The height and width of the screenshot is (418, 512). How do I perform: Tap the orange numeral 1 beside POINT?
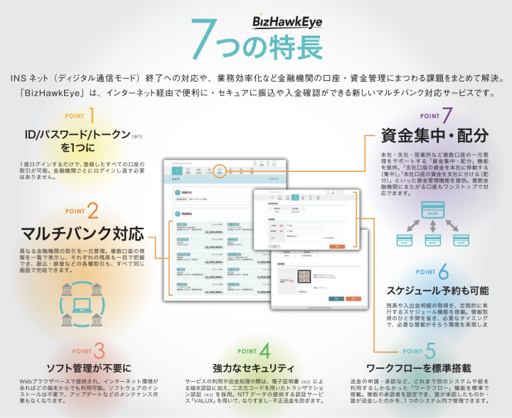click(x=92, y=115)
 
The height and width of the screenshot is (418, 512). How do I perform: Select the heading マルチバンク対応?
click(x=83, y=233)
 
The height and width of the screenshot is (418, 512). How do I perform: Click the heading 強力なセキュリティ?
click(x=254, y=368)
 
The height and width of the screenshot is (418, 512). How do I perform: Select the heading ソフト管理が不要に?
click(x=89, y=368)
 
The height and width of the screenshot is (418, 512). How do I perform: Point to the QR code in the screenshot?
click(x=284, y=277)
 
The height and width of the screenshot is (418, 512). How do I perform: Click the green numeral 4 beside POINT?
click(x=265, y=351)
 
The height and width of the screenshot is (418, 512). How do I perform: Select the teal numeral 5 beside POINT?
click(x=430, y=351)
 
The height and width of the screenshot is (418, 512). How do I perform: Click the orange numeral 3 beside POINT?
click(x=100, y=351)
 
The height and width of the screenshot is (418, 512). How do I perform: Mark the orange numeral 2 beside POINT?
click(x=92, y=211)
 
